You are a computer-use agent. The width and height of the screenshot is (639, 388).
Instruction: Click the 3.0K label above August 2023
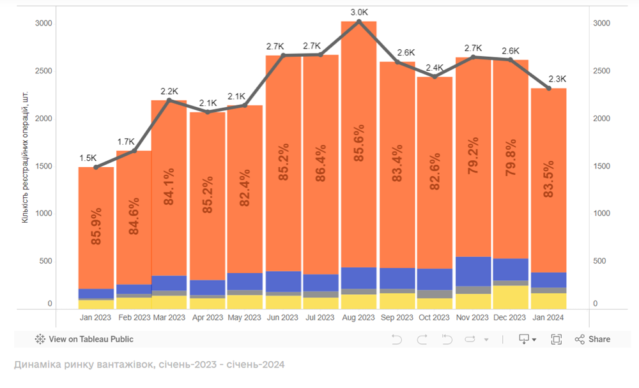coord(358,12)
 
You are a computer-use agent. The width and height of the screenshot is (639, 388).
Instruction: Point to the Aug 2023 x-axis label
coord(358,317)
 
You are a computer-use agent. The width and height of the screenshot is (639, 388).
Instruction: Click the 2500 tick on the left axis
coord(43,71)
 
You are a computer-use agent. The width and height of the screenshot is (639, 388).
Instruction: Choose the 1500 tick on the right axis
coord(602,166)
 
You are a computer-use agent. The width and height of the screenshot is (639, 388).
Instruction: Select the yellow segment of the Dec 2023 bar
coord(510,297)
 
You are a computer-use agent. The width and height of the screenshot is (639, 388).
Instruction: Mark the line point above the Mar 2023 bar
coord(169,100)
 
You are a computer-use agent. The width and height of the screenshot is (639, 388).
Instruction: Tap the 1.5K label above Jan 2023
coord(88,158)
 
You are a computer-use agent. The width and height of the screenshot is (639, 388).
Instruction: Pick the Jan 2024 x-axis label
coord(548,317)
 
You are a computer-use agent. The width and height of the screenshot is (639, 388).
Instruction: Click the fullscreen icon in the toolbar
coord(556,339)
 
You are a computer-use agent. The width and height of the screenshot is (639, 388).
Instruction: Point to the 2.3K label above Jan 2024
coord(557,79)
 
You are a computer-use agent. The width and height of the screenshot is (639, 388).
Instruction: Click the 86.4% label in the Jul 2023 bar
coord(321,164)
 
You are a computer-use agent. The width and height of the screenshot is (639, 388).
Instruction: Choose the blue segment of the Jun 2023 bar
coord(283,281)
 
